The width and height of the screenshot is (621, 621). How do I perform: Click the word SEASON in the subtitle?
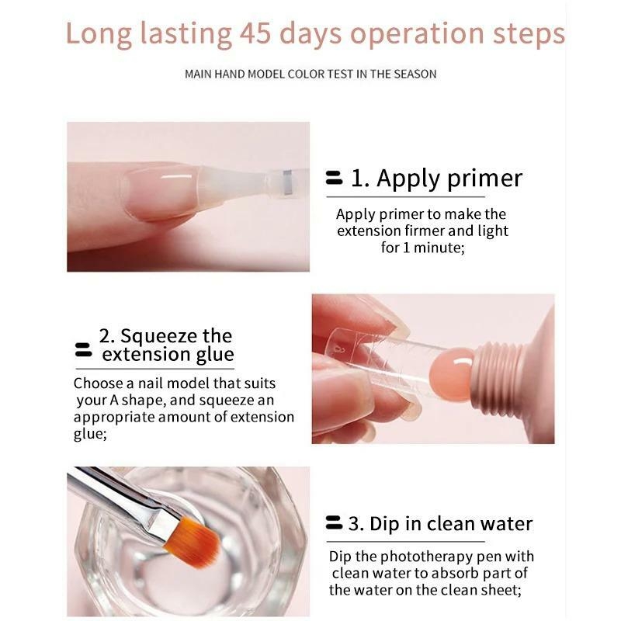point(415,74)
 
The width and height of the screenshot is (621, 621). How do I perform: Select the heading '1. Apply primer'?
point(436,179)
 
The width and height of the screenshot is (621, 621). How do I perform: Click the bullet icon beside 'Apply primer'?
point(334,178)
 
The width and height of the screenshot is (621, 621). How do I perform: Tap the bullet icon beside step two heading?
point(83,350)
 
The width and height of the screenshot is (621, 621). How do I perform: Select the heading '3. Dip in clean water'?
point(440,524)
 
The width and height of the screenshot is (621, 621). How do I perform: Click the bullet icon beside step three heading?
point(334,522)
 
